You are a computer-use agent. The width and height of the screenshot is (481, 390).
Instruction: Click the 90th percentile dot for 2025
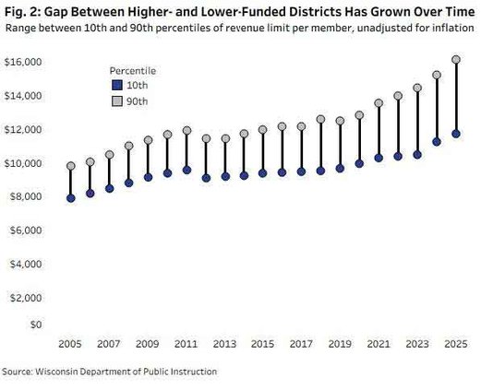[456, 60]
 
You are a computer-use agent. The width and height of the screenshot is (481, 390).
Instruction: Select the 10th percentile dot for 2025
[456, 134]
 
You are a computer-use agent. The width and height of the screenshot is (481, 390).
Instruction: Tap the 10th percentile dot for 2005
[71, 198]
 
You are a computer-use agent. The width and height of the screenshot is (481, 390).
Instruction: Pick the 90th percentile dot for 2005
[71, 166]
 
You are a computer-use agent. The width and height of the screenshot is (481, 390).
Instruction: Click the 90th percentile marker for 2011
[186, 131]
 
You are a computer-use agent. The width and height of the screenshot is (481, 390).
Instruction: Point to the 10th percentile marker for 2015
[263, 173]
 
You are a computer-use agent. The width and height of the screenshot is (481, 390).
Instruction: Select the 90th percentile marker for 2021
[379, 103]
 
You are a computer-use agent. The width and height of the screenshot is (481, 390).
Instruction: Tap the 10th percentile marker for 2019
[340, 169]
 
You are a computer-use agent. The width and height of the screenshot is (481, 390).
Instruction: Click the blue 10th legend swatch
[114, 84]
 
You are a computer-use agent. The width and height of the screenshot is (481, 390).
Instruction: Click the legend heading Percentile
[132, 70]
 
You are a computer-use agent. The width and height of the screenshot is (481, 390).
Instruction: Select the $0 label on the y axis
[35, 325]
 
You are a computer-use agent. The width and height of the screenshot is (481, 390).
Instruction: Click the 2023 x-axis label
[417, 344]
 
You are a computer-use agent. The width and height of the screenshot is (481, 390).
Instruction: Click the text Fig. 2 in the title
[19, 10]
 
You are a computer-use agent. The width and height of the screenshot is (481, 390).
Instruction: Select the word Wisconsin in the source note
[66, 372]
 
